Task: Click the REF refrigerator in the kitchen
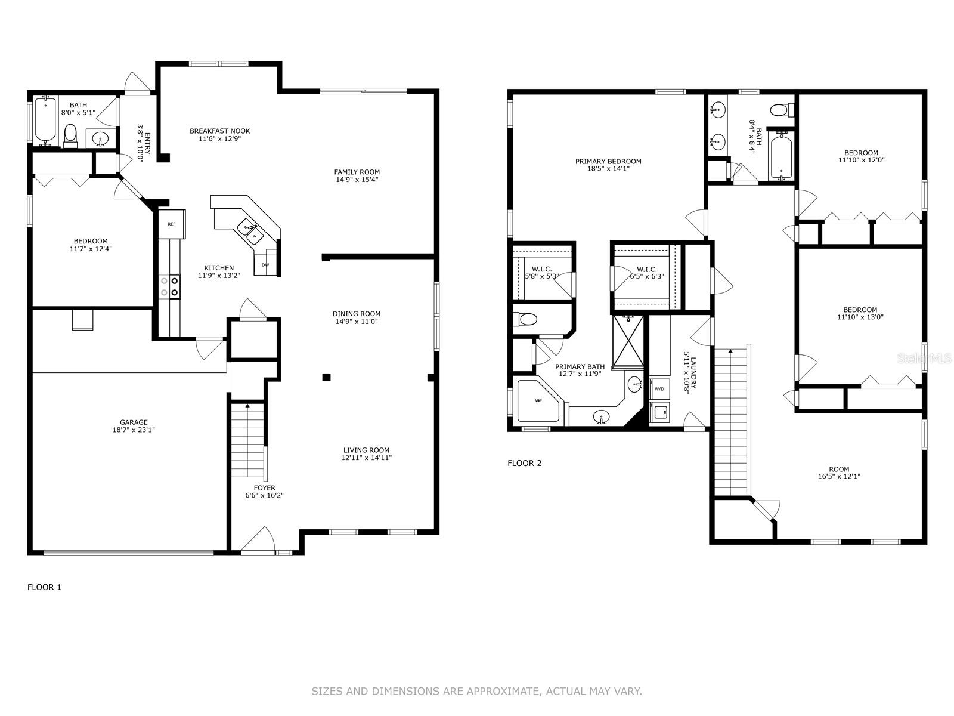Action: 172,224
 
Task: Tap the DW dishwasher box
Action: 265,264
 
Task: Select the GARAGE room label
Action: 134,422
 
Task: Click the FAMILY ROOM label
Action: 357,172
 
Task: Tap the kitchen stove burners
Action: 169,287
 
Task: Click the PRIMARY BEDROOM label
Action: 608,162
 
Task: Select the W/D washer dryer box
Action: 659,388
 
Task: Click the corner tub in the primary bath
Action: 538,400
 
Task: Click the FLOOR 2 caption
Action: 525,464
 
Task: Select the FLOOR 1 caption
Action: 44,587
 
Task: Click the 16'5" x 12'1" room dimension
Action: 839,477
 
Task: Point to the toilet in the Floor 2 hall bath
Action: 782,110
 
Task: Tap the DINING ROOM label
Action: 357,314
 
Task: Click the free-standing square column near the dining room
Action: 326,377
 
